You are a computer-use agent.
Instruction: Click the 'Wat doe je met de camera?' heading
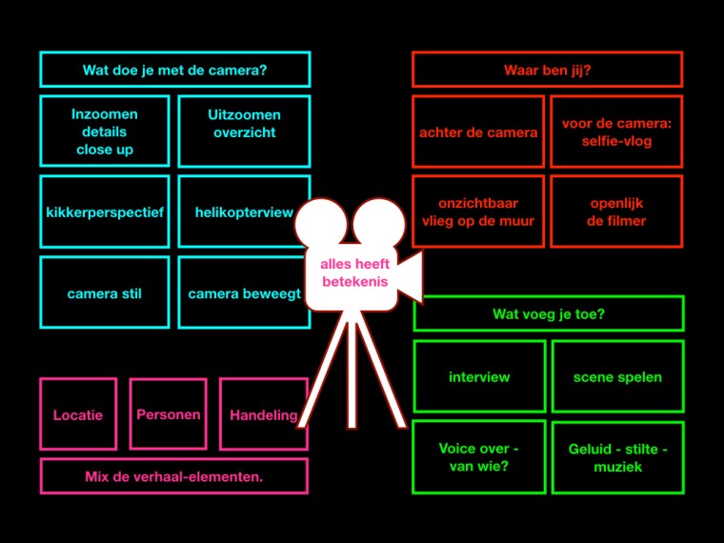pos(174,70)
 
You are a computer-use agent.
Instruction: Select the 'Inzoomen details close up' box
pos(105,131)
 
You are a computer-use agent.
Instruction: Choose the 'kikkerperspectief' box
pos(105,212)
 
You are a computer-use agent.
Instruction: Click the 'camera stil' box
pos(105,293)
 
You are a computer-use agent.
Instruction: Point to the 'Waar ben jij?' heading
pos(547,70)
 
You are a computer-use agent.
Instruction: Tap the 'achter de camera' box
pos(478,132)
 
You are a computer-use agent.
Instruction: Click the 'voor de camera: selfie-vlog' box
pos(616,132)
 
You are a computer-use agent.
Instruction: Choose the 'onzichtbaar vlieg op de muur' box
pos(478,212)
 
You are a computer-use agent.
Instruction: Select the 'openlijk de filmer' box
pos(616,212)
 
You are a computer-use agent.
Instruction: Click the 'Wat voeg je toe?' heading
pos(548,313)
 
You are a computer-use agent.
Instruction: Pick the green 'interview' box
pos(479,376)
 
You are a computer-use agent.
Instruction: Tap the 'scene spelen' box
pos(617,376)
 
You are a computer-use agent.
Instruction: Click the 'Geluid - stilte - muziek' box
pos(617,457)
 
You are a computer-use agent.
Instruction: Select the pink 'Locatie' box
pos(78,414)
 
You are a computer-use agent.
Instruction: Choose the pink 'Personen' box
pos(169,414)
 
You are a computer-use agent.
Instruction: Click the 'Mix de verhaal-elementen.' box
pos(174,476)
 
